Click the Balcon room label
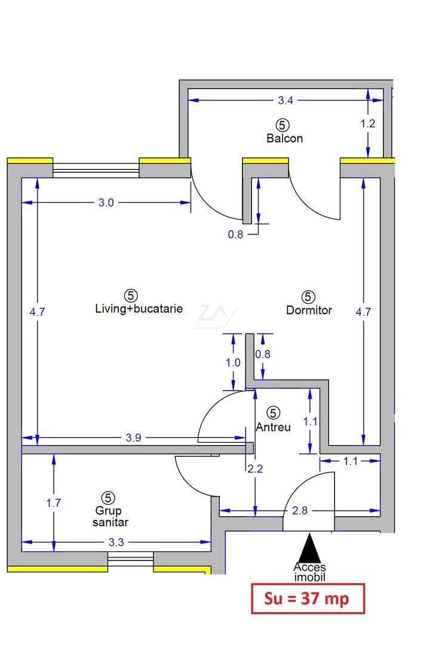pos(284,138)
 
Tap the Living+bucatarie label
pos(139,309)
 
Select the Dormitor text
pos(309,310)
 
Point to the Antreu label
pos(273,427)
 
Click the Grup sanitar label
pos(110,516)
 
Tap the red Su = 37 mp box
pos(308,598)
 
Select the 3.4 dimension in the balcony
pos(286,100)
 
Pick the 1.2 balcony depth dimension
pos(369,124)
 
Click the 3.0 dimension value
pos(106,203)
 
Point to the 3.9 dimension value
pos(134,438)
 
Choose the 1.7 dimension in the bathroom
pos(54,503)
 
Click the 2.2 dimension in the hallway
pos(255,469)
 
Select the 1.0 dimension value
pos(233,362)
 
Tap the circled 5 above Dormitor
pos(308,297)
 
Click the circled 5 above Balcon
pos(283,124)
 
